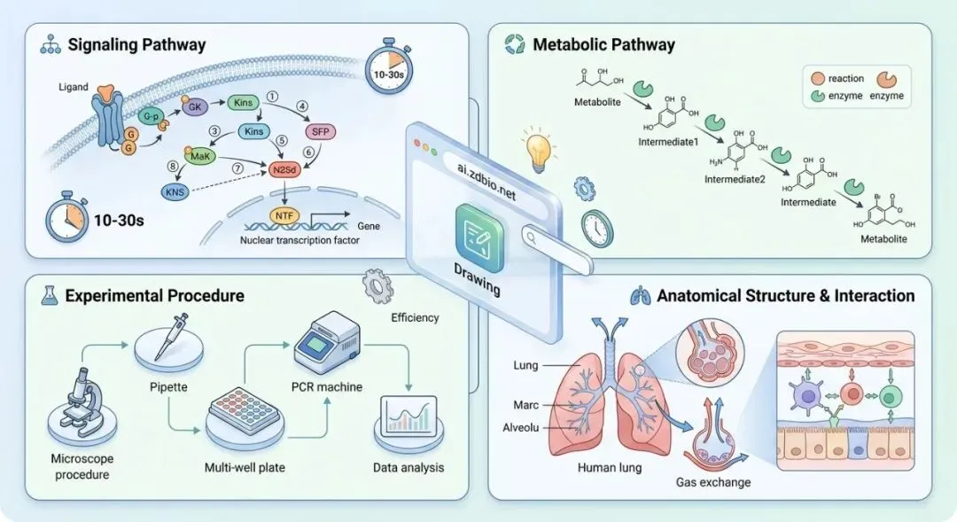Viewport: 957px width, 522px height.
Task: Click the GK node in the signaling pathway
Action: [195, 107]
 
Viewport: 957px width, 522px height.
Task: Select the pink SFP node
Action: [320, 132]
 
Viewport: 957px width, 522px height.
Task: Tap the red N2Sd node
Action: [285, 170]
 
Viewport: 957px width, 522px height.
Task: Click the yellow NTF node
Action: [284, 215]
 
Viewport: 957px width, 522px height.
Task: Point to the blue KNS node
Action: [175, 191]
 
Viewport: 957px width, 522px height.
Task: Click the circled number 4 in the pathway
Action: [302, 106]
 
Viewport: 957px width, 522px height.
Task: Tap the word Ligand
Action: [74, 88]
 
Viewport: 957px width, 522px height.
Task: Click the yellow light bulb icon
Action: [538, 147]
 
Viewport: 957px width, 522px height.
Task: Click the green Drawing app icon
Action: [479, 238]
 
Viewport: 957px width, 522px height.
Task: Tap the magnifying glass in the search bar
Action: [531, 238]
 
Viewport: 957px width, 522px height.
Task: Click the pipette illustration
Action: [168, 337]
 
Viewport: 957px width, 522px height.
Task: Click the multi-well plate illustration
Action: [245, 410]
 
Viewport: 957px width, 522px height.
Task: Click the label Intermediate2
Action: [735, 180]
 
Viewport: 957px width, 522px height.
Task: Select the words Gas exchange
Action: [712, 482]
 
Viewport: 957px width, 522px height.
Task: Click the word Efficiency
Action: [415, 317]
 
